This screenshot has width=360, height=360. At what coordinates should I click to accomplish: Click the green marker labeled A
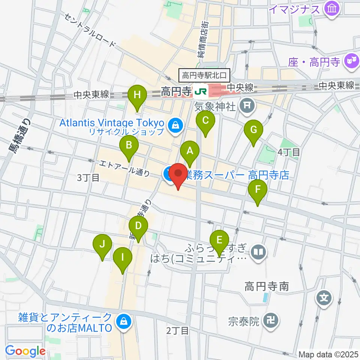pyautogui.click(x=190, y=151)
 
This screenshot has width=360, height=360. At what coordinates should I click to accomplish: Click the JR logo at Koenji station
pyautogui.click(x=199, y=90)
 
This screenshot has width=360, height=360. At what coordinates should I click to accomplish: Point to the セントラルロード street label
pyautogui.click(x=90, y=30)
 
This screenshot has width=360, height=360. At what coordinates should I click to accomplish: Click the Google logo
pyautogui.click(x=25, y=351)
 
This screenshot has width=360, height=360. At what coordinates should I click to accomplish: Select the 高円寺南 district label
pyautogui.click(x=267, y=287)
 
